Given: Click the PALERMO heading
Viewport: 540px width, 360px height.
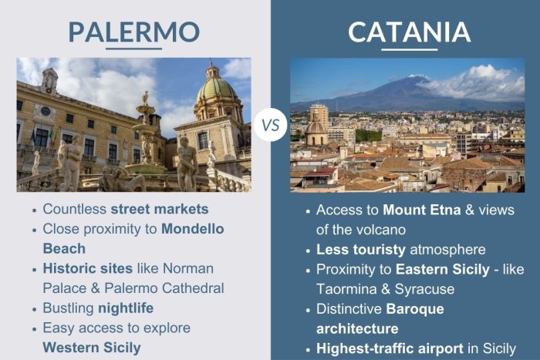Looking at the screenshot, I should point(133,32).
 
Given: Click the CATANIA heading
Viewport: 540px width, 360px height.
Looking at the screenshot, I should point(409,32).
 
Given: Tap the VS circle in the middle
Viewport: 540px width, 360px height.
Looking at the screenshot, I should point(271,123).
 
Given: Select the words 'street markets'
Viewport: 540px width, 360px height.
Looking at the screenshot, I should point(160,209).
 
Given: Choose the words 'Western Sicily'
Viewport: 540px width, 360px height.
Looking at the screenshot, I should point(92,348).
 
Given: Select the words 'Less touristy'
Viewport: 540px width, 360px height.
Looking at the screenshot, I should point(353,249).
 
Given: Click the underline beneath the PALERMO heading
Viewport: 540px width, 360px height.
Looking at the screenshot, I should point(133,49).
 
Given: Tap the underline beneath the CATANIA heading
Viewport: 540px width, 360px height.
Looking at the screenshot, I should point(409,49).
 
